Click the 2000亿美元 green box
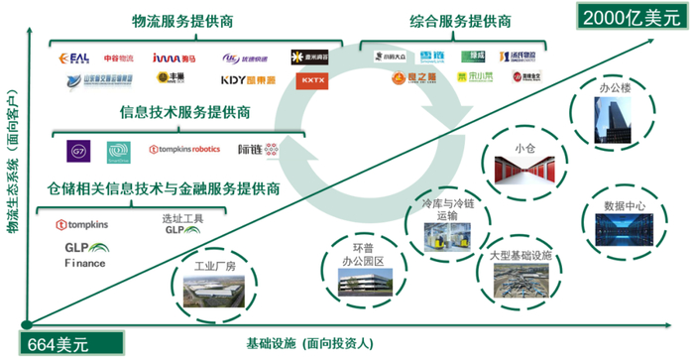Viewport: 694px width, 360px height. [627, 17]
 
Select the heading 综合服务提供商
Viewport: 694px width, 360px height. [460, 21]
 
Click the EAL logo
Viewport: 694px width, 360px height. [75, 58]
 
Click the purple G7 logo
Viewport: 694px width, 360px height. [79, 150]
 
